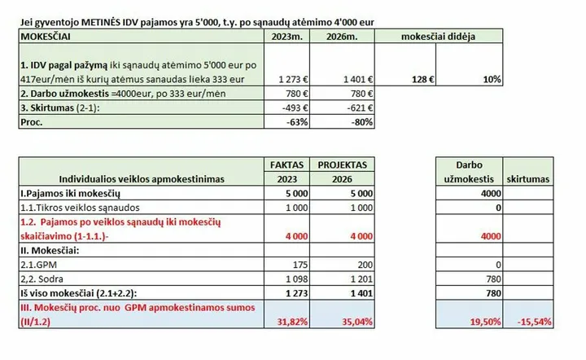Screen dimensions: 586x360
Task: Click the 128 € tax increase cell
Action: coord(405,64)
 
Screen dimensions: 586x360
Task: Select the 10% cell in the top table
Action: coord(470,64)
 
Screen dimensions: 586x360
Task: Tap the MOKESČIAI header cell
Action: coord(142,37)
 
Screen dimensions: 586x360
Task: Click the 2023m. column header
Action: coord(287,37)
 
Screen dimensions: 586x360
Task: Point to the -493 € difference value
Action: coord(287,108)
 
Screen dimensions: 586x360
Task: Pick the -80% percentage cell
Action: coord(343,122)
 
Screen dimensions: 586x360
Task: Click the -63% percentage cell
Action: coord(287,122)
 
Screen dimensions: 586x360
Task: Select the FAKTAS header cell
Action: coord(287,165)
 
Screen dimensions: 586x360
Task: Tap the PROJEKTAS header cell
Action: coord(343,165)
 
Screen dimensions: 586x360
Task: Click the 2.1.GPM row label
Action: coord(39,265)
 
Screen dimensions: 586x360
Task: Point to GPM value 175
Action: coord(300,265)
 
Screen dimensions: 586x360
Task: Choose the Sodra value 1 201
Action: coord(361,279)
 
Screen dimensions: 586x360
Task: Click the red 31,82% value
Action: coord(292,322)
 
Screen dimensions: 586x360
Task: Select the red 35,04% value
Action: coord(357,322)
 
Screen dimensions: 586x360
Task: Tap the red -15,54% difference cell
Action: coord(528,314)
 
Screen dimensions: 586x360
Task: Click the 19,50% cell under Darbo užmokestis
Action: coord(470,314)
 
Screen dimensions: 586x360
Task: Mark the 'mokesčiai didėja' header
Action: coord(439,37)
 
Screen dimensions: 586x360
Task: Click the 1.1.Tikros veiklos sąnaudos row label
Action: coord(80,208)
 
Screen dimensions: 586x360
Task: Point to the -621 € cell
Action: coord(343,108)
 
